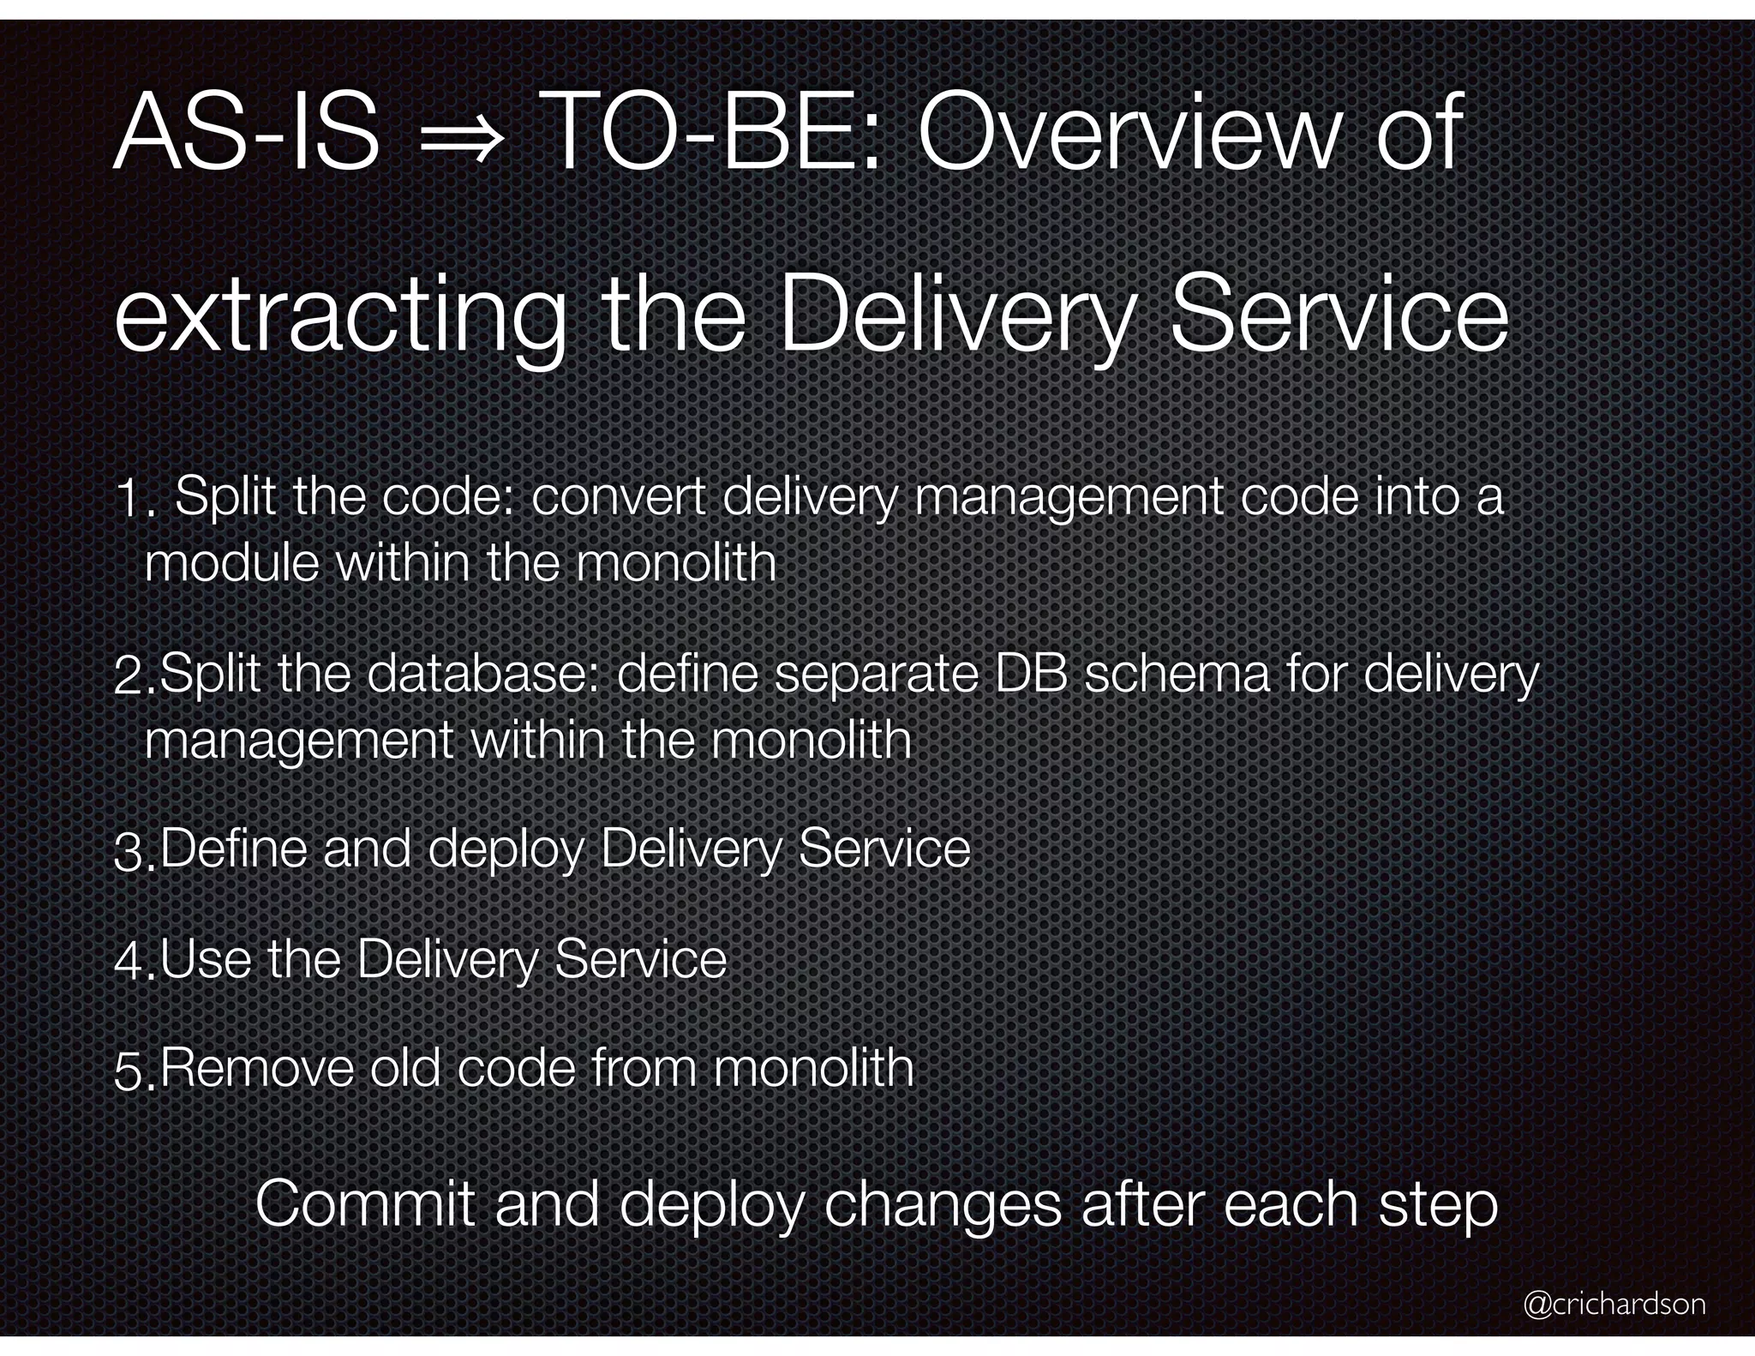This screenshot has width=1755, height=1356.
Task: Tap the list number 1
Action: coord(134,500)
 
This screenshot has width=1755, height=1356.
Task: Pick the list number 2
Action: coord(134,677)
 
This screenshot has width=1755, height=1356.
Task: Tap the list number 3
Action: coord(134,854)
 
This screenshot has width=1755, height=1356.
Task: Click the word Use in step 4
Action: coord(208,959)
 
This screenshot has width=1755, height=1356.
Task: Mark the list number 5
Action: coord(134,1072)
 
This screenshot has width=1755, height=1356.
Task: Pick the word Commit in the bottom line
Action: coord(364,1204)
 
